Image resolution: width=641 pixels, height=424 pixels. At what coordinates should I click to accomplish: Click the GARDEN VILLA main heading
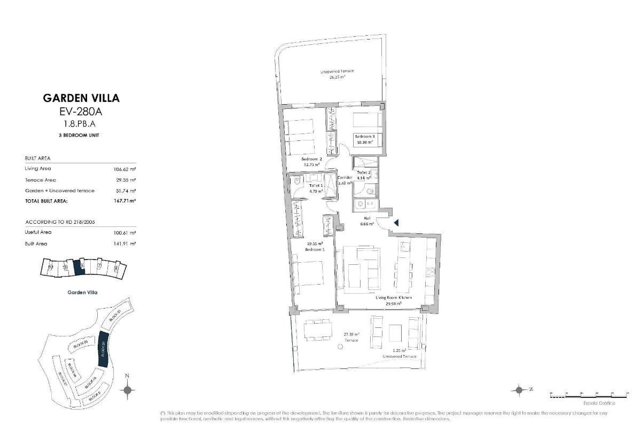[x=81, y=98]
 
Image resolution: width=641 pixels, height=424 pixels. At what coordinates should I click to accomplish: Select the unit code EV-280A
[x=81, y=112]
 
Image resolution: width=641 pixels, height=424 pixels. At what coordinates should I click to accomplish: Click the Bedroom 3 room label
[x=365, y=137]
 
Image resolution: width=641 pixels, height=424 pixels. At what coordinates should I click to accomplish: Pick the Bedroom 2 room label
[x=311, y=159]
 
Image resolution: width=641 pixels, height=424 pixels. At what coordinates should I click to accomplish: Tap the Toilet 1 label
[x=316, y=185]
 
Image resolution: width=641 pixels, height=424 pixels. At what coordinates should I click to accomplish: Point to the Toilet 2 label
[x=364, y=173]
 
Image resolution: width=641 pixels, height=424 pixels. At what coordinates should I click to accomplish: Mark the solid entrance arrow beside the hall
[x=396, y=223]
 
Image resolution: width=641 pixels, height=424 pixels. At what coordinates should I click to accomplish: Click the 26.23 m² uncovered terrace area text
[x=337, y=76]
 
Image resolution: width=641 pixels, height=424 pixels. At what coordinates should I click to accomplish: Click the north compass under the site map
[x=127, y=390]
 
